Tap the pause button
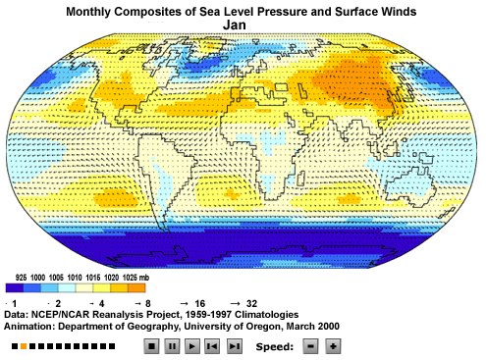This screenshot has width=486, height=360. pos(172,346)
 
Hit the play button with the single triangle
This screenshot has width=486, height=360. pos(192,346)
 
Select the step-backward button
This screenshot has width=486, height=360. pos(213,346)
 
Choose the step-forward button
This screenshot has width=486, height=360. pos(234,346)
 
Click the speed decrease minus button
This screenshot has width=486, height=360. pos(311,346)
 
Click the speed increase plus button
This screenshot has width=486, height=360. pos(333,346)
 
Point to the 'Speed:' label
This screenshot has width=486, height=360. pos(273,346)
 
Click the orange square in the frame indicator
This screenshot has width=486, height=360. pos(24,347)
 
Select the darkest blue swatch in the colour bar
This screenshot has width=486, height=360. pos(14,289)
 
